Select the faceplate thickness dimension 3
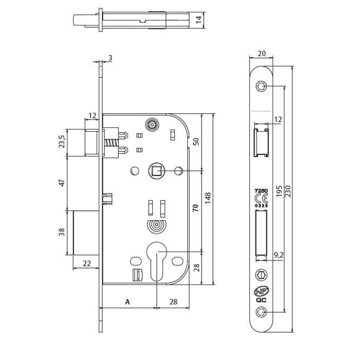(111, 58)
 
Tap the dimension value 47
(62, 183)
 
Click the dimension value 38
(62, 231)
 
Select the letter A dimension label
(127, 302)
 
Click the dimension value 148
(208, 199)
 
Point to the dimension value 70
(196, 208)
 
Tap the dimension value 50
(196, 142)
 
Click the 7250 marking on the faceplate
(261, 191)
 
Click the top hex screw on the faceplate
(261, 87)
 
